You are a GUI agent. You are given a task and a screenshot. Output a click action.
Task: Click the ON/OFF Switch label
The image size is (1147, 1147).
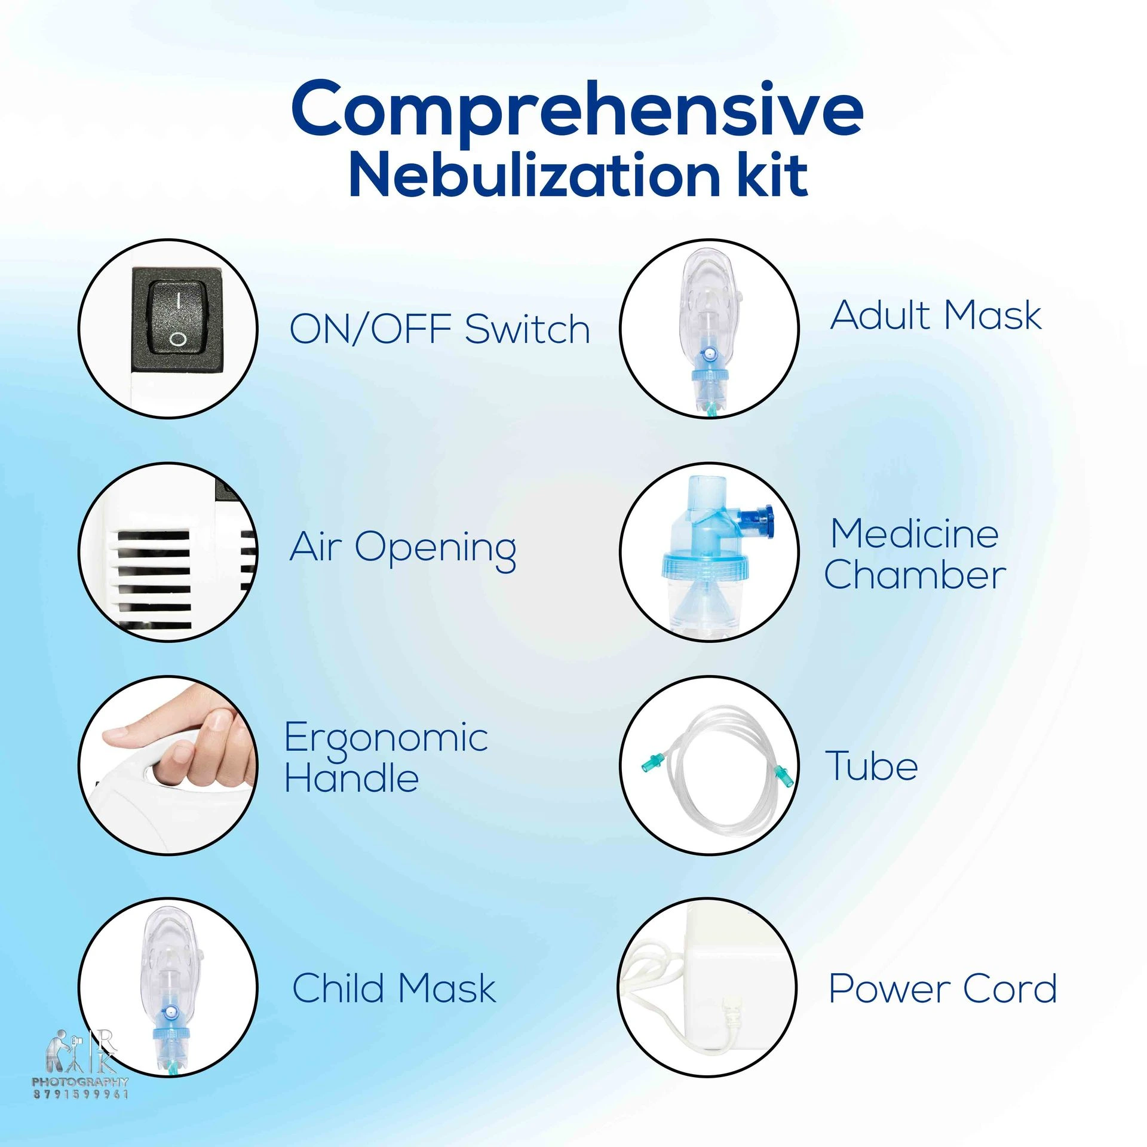[x=440, y=329]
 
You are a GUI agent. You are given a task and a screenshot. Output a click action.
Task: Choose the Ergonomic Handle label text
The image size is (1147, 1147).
[x=386, y=757]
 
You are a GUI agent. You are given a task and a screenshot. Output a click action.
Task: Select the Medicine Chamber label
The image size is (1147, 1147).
[x=915, y=554]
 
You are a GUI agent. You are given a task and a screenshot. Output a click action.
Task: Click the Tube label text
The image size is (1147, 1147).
[x=872, y=766]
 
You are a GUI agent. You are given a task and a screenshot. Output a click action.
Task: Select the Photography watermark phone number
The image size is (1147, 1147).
[x=81, y=1094]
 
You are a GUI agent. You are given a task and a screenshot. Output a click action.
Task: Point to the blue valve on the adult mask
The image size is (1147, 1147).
[x=709, y=354]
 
